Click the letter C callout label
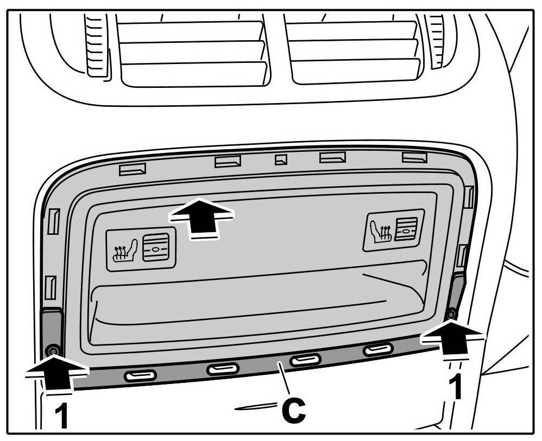293,411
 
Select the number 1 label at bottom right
458,387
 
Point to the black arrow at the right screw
451,337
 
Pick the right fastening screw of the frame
450,314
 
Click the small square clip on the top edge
280,159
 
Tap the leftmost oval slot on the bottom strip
140,375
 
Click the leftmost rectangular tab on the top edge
133,169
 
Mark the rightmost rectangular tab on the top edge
415,157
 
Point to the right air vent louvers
356,51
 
